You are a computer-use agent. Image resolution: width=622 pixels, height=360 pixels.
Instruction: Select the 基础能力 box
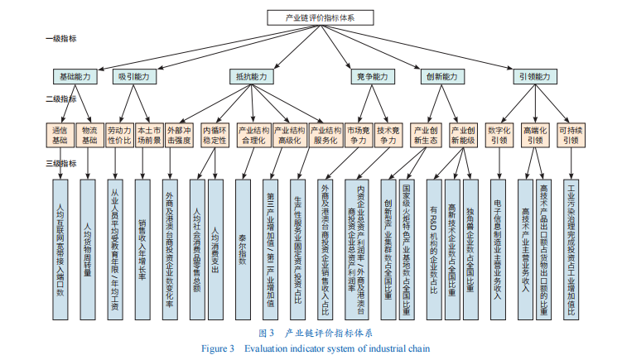click(76, 76)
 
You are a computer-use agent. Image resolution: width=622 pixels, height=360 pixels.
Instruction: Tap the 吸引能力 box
click(134, 76)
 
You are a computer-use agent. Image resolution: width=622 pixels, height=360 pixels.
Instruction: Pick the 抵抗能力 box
click(252, 76)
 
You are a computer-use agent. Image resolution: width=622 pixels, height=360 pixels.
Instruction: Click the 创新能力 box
click(441, 76)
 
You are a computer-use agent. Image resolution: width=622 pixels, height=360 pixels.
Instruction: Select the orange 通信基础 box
click(60, 135)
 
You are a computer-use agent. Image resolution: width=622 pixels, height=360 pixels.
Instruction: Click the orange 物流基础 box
click(89, 135)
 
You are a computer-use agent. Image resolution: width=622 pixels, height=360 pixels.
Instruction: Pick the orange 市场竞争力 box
click(357, 135)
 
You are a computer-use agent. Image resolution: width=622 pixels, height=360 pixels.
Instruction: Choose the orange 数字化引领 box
click(499, 135)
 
